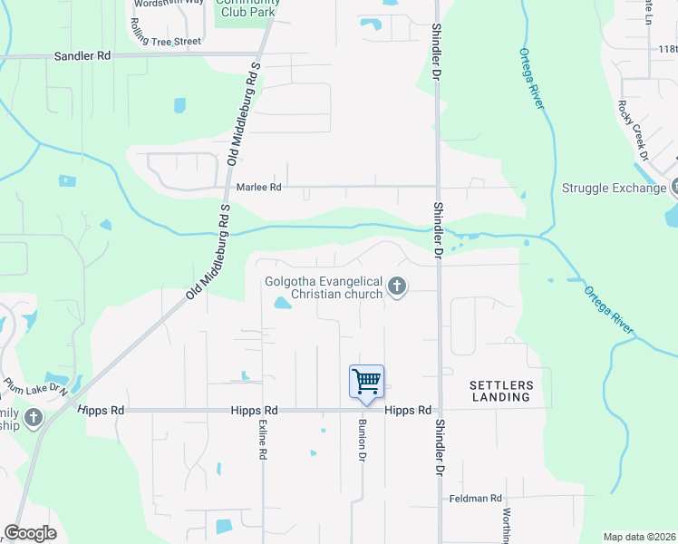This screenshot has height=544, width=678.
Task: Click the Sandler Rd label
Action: pos(82,55)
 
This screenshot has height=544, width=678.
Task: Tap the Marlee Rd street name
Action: pos(259,187)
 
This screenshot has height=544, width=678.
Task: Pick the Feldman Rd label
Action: pos(476,499)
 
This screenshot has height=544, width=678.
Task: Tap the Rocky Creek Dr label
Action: pos(633,130)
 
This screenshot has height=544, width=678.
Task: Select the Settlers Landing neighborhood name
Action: pos(500,392)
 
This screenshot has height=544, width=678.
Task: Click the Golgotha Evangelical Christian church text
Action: pos(324,287)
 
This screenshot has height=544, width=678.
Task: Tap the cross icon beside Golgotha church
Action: pos(396,287)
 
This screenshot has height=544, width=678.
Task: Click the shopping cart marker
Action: pos(366,381)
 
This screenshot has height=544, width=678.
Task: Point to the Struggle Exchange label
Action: pos(614,189)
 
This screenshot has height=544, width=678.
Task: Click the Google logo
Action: pos(30,533)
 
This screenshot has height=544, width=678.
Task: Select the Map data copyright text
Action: pos(639,537)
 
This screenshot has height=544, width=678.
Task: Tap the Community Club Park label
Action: pos(247,7)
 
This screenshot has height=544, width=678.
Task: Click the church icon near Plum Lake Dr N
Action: pos(34,418)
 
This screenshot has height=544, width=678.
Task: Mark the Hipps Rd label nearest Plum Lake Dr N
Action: pos(102,411)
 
